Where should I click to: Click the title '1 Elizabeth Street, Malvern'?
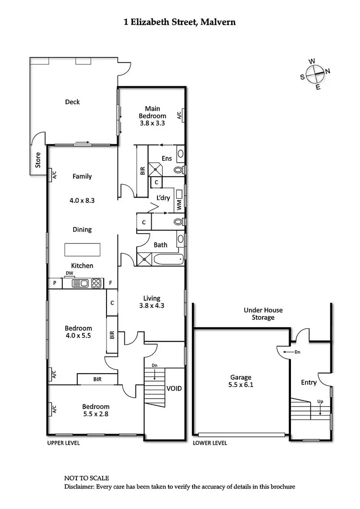[x=180, y=22]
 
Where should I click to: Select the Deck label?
[x=72, y=102]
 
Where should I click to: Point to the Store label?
[x=38, y=160]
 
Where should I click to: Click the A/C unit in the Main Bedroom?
[x=179, y=115]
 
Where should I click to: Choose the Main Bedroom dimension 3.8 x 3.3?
[x=152, y=123]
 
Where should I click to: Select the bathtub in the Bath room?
[x=168, y=260]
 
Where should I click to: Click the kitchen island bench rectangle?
[x=83, y=250]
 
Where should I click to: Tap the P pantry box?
[x=55, y=284]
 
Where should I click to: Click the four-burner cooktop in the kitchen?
[x=96, y=284]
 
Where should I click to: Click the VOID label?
[x=174, y=388]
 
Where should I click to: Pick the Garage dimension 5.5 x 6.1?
[x=240, y=385]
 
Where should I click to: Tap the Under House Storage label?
[x=263, y=314]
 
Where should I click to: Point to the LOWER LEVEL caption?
[x=210, y=443]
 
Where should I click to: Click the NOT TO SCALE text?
[x=86, y=478]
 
